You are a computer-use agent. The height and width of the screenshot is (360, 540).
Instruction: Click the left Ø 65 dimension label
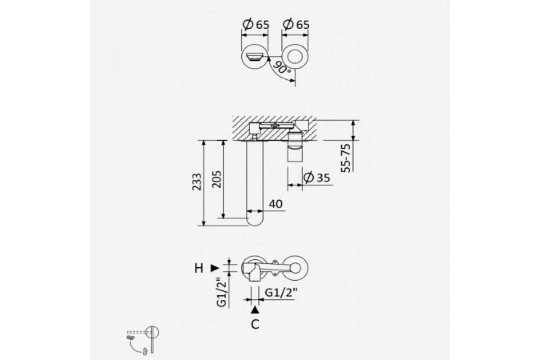click(256, 24)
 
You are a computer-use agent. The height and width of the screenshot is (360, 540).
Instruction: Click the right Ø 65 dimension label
click(296, 24)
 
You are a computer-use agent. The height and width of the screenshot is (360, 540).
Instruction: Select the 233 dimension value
click(197, 182)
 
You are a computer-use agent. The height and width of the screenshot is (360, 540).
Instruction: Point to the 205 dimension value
click(216, 179)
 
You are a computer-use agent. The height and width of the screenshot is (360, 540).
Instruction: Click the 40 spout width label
click(275, 204)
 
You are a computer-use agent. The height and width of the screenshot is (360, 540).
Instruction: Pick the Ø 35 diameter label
click(316, 177)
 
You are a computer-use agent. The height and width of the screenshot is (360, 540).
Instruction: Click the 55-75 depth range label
click(346, 158)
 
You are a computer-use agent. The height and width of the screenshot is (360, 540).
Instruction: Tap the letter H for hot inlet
click(198, 268)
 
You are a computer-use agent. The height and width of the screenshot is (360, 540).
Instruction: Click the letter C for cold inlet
click(255, 324)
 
